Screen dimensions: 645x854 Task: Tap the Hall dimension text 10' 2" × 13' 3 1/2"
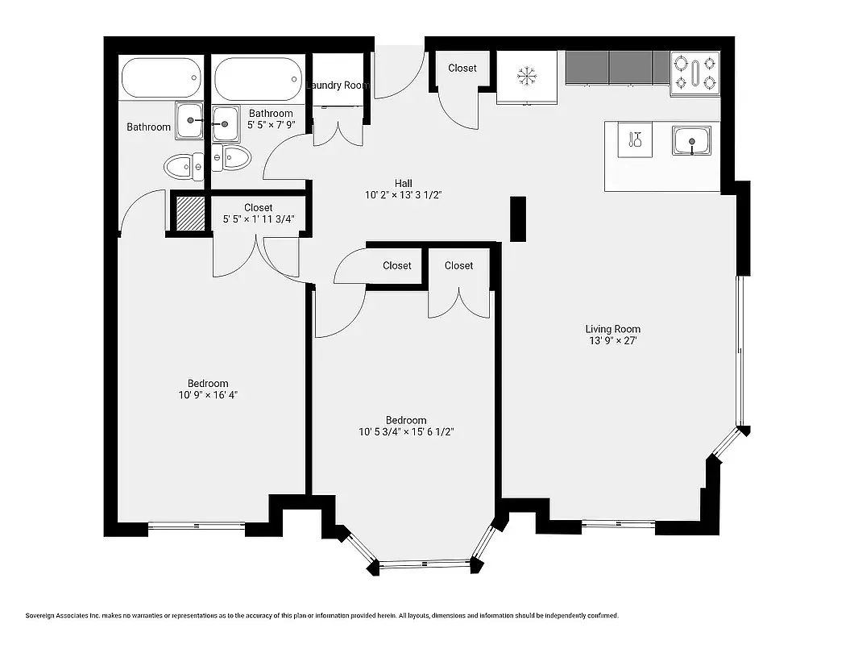coord(403,195)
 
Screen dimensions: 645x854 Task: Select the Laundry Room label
coord(338,85)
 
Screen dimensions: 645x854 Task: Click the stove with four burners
coord(695,73)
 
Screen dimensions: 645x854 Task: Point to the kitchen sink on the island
coord(692,141)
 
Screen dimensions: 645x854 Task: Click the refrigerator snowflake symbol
coord(526,77)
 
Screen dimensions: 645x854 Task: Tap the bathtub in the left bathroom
coord(160,80)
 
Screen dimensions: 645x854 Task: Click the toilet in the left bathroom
coord(182,168)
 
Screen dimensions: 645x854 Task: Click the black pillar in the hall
coord(518,218)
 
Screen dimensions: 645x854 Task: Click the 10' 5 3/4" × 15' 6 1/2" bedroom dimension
coord(406,432)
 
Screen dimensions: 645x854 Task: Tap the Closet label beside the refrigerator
coord(462,69)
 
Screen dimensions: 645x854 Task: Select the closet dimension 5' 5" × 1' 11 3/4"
coord(258,219)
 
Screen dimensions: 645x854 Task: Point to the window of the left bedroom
coord(197,526)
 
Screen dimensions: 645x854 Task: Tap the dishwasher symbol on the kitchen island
coord(635,141)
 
